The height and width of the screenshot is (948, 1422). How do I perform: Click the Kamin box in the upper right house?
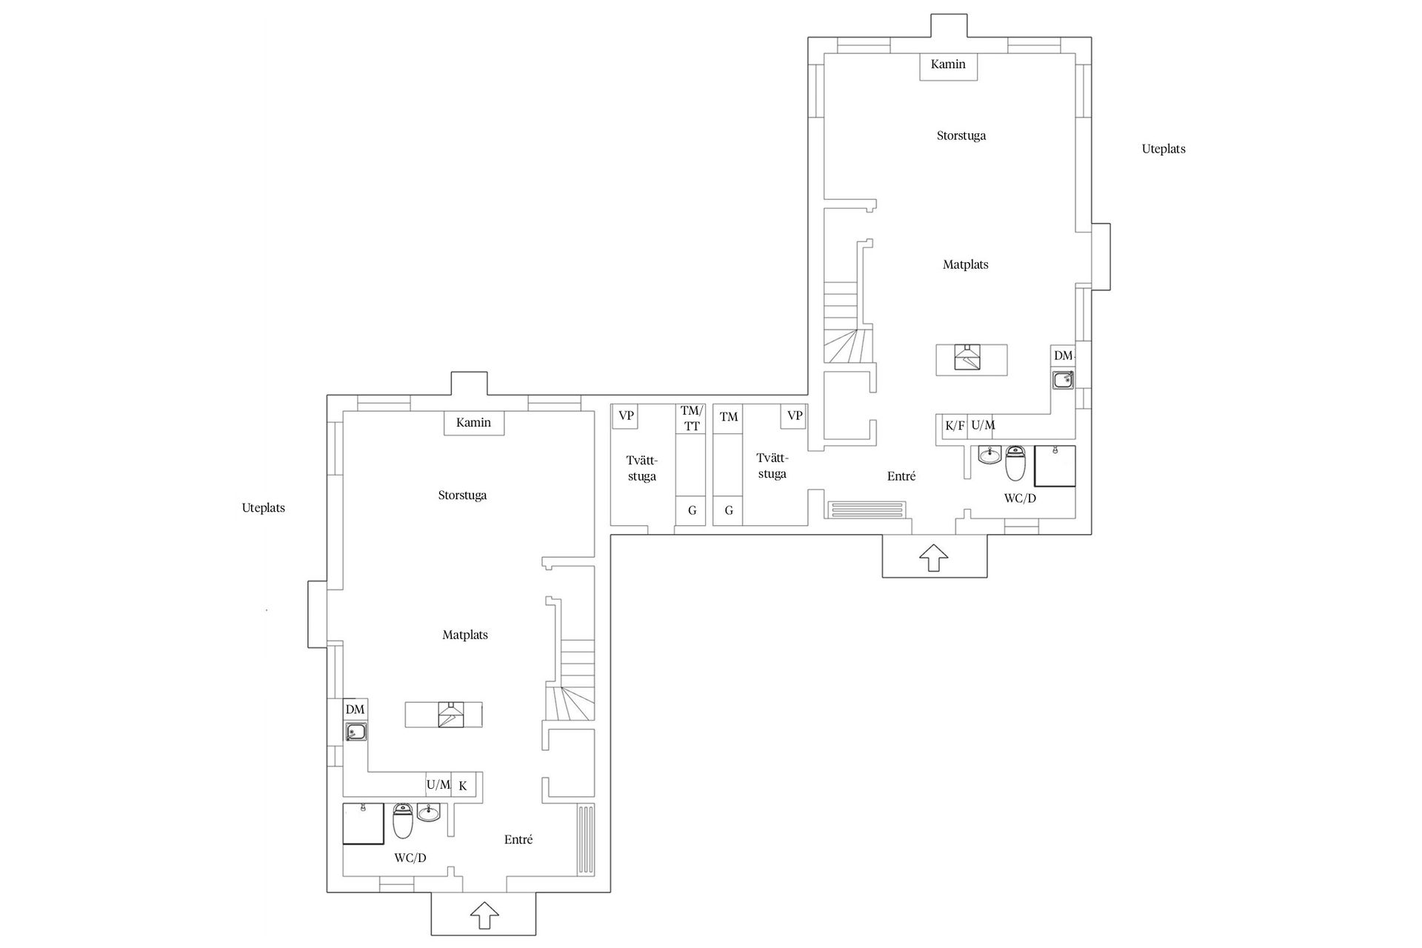coord(948,65)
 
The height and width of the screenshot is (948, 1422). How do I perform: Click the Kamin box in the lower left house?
coord(474,423)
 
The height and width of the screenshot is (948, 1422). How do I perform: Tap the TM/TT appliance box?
coord(691,419)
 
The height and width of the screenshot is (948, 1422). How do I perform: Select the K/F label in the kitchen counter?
coord(955,426)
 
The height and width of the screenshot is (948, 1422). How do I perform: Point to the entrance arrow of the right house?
coord(933,557)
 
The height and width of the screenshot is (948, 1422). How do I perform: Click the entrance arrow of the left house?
coord(484,915)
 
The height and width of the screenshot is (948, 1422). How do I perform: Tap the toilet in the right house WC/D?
coord(1015,463)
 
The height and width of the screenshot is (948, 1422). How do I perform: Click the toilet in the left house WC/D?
coord(402,821)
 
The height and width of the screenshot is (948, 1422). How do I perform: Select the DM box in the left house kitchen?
coord(355,710)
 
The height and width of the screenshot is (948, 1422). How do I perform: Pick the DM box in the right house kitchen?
coord(1063,356)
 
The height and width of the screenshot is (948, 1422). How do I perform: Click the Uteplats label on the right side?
coord(1163,149)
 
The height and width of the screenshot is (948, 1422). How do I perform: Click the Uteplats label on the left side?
coord(263,508)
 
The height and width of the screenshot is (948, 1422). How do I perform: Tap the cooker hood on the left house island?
coord(450,715)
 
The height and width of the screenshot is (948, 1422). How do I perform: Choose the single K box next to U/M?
coord(463,786)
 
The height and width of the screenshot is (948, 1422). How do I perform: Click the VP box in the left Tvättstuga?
coord(626,415)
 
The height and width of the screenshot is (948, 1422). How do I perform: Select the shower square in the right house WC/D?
coord(1055,466)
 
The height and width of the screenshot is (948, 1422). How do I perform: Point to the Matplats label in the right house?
coord(965,264)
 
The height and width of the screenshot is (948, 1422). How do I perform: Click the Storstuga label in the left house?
coord(462,495)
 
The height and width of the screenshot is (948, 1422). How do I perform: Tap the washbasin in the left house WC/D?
coord(428,813)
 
